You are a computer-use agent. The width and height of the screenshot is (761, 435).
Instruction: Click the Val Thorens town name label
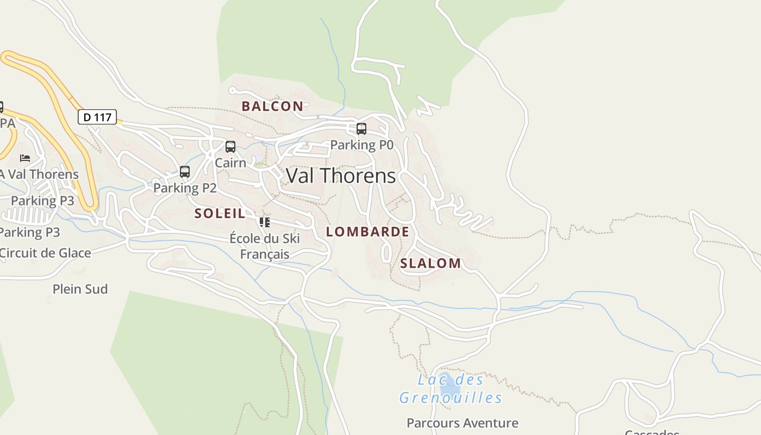point(341,176)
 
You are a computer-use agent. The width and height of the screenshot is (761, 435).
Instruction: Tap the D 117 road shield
point(97,117)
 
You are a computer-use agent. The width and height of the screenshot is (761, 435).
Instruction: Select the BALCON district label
point(272,106)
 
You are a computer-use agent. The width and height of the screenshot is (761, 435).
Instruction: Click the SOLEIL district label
point(220,214)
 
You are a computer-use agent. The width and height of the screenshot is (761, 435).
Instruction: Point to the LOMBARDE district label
point(367,232)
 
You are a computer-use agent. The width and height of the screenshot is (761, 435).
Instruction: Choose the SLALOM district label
point(431,264)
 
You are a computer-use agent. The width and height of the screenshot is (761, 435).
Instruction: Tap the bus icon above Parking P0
point(361,129)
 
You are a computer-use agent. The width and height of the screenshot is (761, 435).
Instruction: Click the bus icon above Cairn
point(230,147)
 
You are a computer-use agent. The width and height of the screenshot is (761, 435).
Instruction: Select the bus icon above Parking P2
point(185,172)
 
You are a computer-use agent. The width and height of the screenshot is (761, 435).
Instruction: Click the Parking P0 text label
point(361,145)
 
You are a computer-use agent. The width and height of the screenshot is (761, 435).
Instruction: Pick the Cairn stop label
point(230,163)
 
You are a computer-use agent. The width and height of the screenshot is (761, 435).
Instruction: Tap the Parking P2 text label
point(185,188)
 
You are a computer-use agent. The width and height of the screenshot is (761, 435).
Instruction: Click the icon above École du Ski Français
point(265,222)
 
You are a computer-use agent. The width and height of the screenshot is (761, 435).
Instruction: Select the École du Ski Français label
point(265,246)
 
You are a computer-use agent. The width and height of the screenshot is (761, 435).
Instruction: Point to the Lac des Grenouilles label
point(451,389)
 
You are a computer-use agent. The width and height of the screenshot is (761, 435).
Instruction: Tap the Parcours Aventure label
point(463,422)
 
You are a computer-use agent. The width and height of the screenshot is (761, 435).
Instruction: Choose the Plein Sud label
point(80,289)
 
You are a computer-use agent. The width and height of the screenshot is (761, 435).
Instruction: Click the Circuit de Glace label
point(45,253)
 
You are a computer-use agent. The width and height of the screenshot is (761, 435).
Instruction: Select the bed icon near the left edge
point(25,158)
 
